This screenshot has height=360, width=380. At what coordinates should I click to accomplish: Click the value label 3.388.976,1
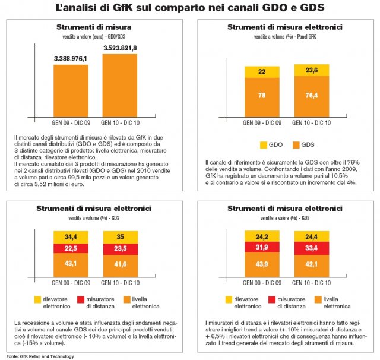pos(71,58)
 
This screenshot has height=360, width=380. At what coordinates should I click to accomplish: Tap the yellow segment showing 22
pos(262,72)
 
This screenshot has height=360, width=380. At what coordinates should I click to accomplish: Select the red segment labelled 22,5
pos(71,248)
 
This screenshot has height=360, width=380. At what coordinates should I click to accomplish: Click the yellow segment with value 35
pos(120,236)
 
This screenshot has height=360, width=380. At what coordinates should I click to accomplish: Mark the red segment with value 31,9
pos(262,247)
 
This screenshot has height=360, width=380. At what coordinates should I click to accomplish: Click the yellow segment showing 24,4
pos(312,236)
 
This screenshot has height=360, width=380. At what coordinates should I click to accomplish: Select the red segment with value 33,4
pos(312,248)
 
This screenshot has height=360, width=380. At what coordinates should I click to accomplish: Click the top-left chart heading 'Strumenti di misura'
pos(94,27)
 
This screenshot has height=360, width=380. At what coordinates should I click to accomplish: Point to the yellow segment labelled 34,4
pos(71,236)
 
